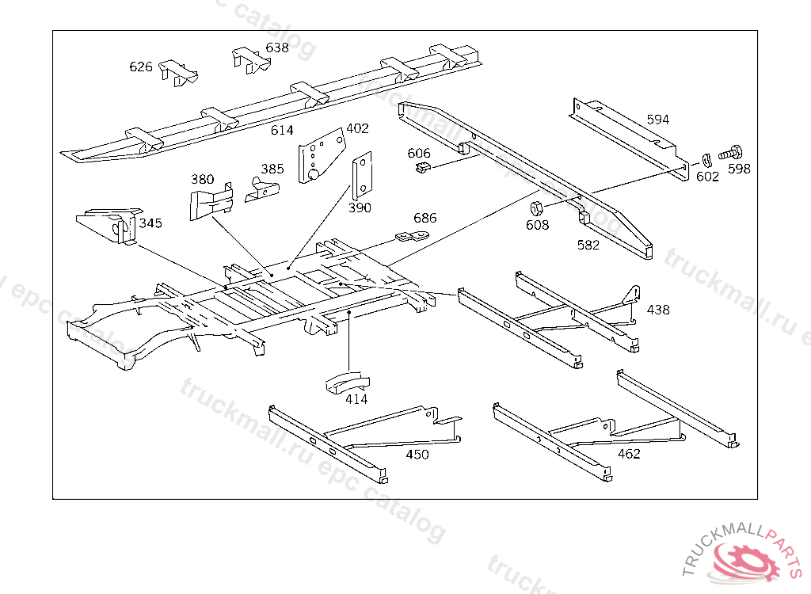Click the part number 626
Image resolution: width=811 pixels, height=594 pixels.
tap(141, 67)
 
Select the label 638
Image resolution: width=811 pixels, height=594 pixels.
tap(277, 48)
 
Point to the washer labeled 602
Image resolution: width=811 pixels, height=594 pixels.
tap(705, 162)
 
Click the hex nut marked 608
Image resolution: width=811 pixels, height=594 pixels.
tap(535, 209)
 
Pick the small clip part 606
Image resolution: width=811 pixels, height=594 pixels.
tap(423, 167)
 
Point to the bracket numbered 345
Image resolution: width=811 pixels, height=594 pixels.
tap(109, 225)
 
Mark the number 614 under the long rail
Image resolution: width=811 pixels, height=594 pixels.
tap(282, 131)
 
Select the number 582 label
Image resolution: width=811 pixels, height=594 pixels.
tap(588, 245)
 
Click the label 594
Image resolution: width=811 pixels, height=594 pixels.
tap(657, 120)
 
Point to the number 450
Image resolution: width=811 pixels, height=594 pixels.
tap(417, 454)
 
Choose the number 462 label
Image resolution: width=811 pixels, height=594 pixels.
tap(629, 454)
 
